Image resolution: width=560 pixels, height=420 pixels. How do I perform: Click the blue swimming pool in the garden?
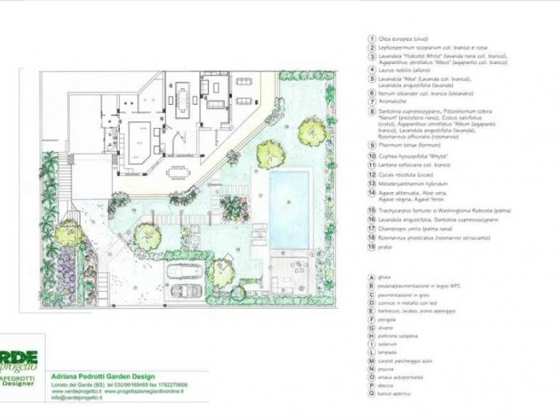coord(289,199)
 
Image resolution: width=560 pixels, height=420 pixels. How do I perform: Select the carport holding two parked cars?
coord(186,279)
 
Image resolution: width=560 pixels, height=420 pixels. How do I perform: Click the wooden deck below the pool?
coord(284,273)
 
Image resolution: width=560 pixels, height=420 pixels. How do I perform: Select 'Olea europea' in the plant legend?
coord(399,38)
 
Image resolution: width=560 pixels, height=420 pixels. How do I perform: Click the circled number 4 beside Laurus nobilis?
coord(372,70)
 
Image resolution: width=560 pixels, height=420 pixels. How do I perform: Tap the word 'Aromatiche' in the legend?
coord(393,103)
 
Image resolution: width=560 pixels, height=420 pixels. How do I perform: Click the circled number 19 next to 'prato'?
coord(372,246)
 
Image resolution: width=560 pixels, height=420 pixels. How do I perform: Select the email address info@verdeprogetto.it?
coord(89,397)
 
